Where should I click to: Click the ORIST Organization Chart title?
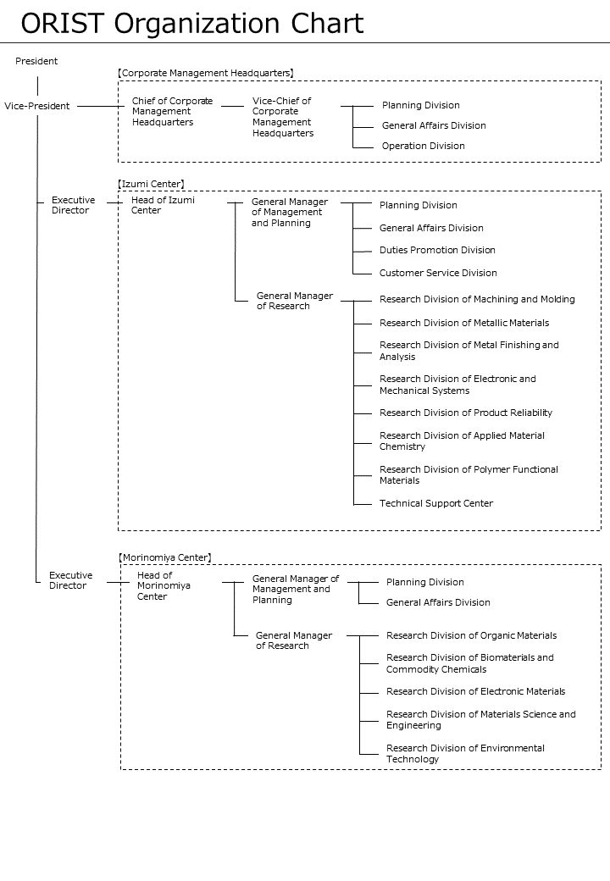[x=192, y=24]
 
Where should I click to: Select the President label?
[x=36, y=61]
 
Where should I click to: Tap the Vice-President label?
[x=37, y=106]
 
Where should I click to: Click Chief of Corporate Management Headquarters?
[x=173, y=111]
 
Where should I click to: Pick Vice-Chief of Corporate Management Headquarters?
[x=282, y=117]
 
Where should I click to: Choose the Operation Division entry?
[x=424, y=146]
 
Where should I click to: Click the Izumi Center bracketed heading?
[x=151, y=184]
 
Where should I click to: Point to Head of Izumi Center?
[x=163, y=205]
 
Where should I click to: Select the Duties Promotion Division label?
[x=437, y=250]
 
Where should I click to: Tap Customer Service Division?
[x=438, y=273]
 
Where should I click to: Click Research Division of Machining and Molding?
[x=478, y=300]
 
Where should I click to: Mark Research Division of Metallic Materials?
[x=464, y=323]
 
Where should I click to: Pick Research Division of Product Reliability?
[x=466, y=413]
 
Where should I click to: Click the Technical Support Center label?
[x=436, y=503]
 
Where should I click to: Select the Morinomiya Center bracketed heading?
[x=165, y=557]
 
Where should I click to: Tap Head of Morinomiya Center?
[x=164, y=586]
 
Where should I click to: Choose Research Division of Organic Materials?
[x=472, y=635]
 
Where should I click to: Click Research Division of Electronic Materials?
[x=476, y=691]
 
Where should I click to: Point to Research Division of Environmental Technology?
[x=466, y=753]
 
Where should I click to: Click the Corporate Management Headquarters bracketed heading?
[x=206, y=73]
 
